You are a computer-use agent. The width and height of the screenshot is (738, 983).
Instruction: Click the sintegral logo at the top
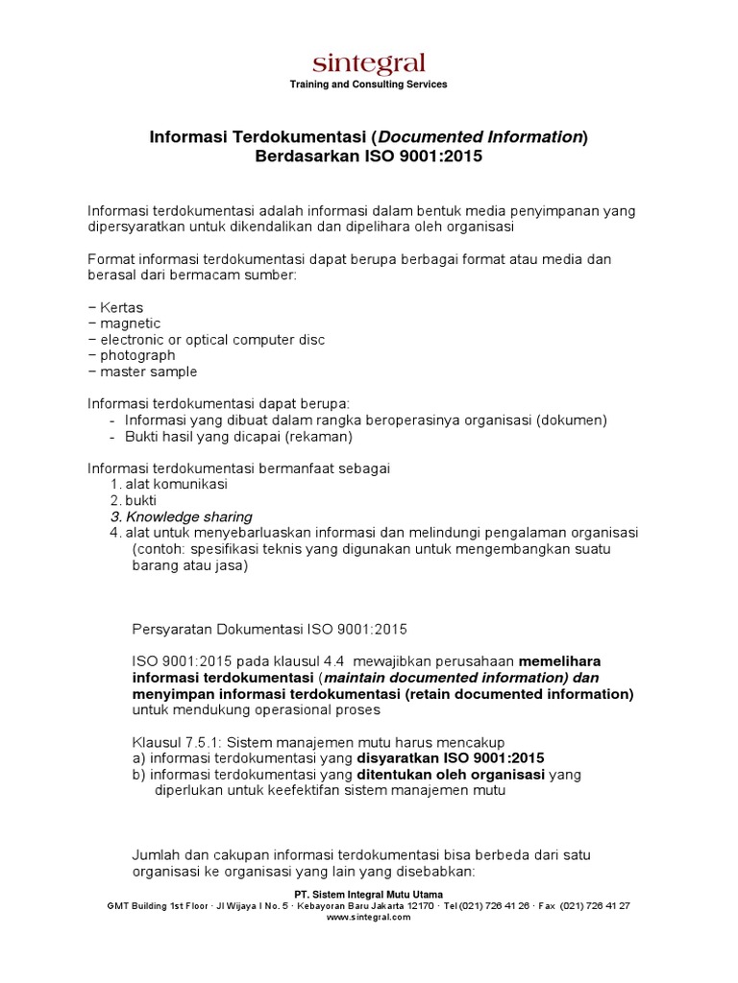[368, 63]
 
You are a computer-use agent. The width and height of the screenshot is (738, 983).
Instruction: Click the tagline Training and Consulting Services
[368, 84]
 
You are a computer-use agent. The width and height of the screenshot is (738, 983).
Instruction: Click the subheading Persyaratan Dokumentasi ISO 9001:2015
[269, 630]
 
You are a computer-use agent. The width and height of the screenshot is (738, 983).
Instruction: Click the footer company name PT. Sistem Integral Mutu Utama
[368, 894]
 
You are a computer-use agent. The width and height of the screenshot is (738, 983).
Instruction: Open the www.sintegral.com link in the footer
[368, 917]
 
